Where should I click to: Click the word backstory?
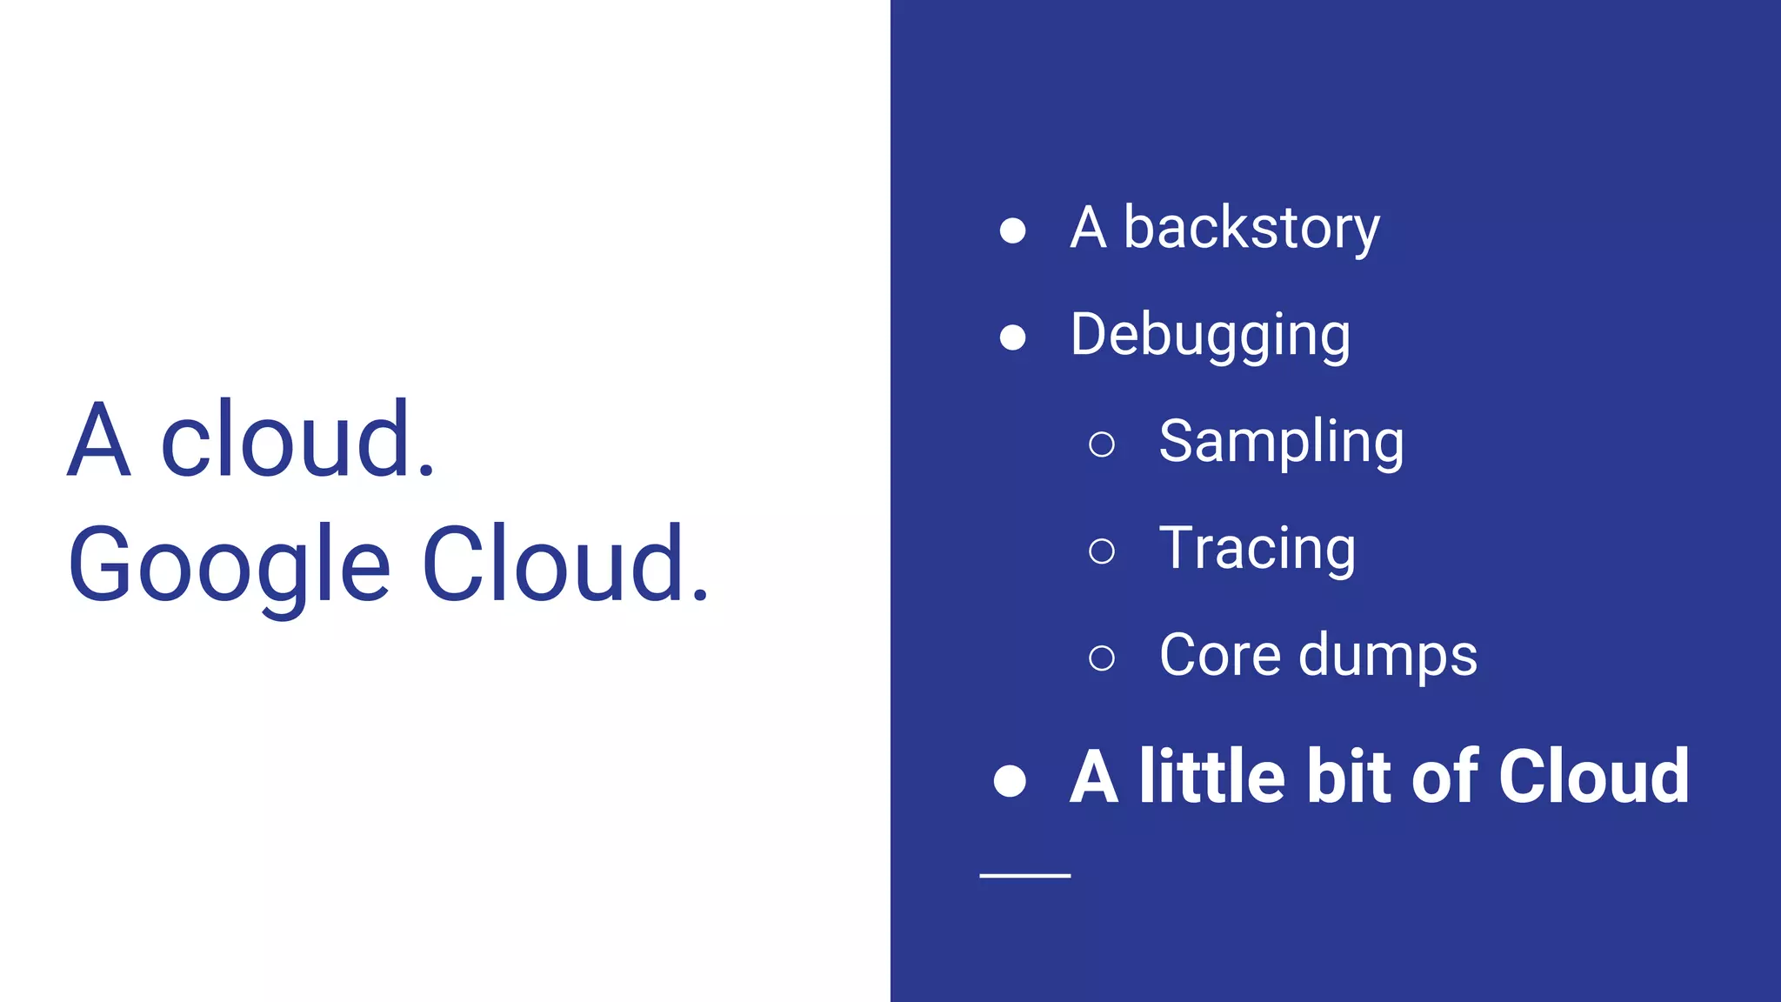(x=1251, y=228)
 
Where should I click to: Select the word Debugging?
(x=1211, y=336)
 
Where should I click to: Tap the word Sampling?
(x=1281, y=442)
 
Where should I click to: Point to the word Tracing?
(x=1257, y=549)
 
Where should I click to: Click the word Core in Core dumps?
(x=1220, y=655)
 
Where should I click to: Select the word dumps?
(x=1388, y=657)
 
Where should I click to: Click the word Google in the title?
(x=230, y=565)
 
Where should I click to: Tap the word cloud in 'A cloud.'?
(x=297, y=440)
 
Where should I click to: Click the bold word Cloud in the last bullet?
(x=1594, y=776)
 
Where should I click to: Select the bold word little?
(x=1211, y=776)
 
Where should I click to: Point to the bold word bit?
(x=1350, y=776)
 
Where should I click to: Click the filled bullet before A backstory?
(x=1012, y=230)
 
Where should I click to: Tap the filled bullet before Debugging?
(x=1012, y=337)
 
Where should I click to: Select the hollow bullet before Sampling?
(x=1102, y=444)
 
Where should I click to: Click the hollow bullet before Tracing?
(x=1102, y=551)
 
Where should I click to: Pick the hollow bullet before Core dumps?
(x=1102, y=658)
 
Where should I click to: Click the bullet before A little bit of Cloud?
(x=1011, y=780)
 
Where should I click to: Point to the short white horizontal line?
(x=1024, y=876)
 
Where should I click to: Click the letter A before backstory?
(x=1089, y=228)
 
